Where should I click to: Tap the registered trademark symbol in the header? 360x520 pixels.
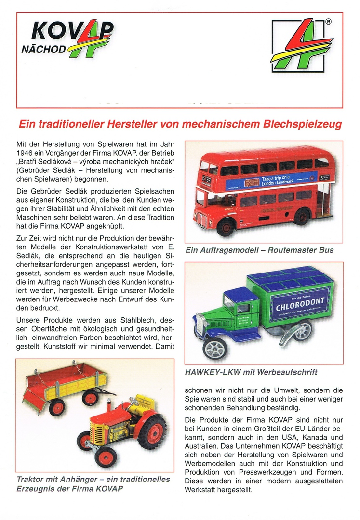(328, 22)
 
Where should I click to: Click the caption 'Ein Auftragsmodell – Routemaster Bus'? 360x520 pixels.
(259, 250)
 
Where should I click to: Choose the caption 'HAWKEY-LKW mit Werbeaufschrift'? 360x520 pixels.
(251, 372)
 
